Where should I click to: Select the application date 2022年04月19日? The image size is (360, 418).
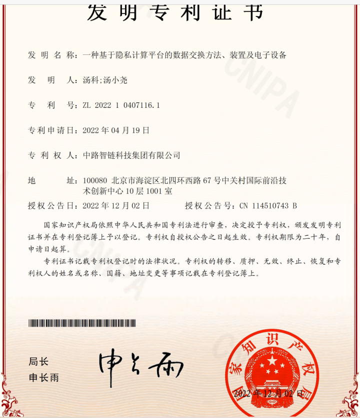tap(116, 130)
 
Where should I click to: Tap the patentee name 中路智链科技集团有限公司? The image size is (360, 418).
tap(131, 155)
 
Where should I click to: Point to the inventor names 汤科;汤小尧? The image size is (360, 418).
tap(101, 80)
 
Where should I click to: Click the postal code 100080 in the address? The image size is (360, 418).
tap(95, 180)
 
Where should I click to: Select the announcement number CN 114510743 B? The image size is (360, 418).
tap(268, 205)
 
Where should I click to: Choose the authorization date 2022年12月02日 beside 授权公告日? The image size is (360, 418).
tap(116, 205)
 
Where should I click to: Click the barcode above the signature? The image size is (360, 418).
tap(81, 323)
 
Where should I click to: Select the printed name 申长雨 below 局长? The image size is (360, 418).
tap(43, 378)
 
